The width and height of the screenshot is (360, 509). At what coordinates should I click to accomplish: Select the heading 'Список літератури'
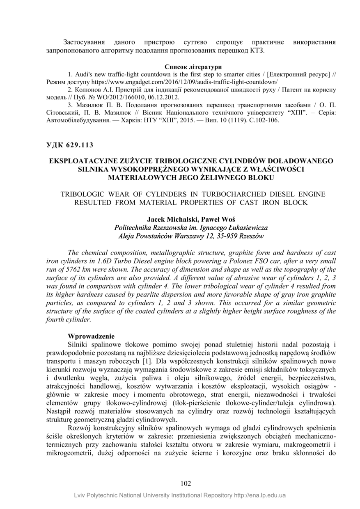(x=193, y=67)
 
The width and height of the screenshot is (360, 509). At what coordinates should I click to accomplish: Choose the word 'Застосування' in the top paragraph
(x=83, y=42)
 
